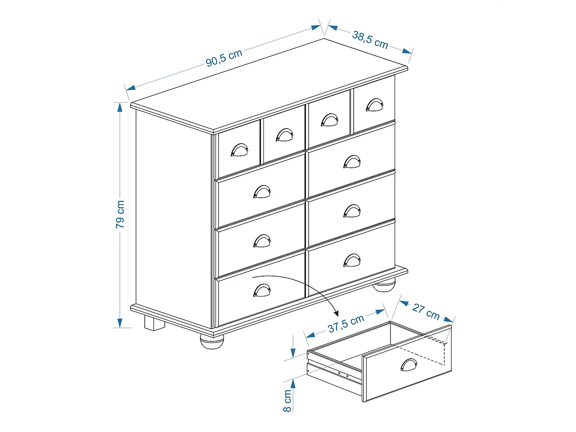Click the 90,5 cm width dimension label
(224, 58)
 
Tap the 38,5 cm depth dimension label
(370, 40)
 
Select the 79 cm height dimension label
(120, 214)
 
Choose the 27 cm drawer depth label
(426, 311)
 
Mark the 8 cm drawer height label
(287, 401)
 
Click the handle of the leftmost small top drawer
(240, 150)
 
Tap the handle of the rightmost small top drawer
(374, 105)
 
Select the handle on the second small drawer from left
(285, 135)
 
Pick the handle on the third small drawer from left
(329, 120)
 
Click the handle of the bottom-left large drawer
(262, 290)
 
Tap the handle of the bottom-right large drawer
(352, 260)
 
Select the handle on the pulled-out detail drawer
(409, 365)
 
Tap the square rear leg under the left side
(154, 323)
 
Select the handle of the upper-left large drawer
(262, 192)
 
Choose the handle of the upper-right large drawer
(352, 162)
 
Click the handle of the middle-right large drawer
(352, 211)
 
